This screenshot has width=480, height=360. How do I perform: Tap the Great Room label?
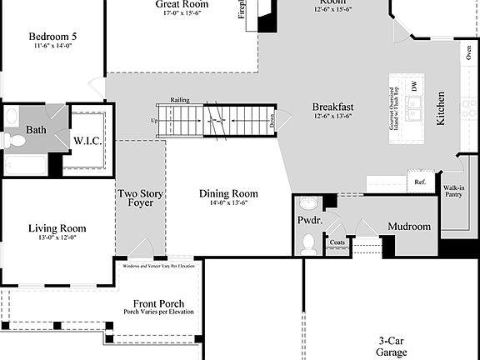tap(182, 5)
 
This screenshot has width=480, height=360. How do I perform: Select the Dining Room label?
tap(222, 194)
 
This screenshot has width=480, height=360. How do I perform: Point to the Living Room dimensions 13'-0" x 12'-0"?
tap(57, 237)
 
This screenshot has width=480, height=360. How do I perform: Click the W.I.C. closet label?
tap(87, 141)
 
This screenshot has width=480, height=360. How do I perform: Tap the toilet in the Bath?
tap(13, 140)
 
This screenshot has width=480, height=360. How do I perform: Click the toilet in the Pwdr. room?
tap(307, 243)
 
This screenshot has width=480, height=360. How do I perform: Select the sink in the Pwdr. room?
tap(307, 204)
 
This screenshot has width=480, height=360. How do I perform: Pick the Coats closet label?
tap(337, 242)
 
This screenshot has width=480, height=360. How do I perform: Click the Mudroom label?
tap(409, 227)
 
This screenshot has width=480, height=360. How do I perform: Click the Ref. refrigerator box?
tap(420, 182)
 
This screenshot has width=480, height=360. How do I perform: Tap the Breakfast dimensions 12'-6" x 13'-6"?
tap(332, 117)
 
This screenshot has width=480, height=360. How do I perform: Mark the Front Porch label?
tap(158, 303)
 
